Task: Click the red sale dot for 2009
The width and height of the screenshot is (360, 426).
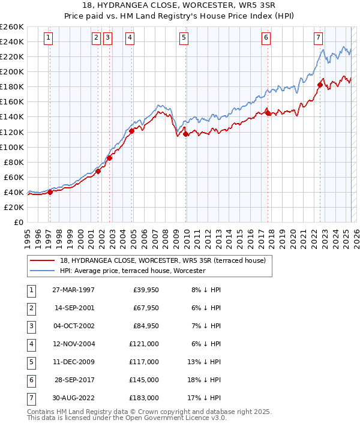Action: [x=186, y=134]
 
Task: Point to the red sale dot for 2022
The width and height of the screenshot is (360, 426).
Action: [x=320, y=85]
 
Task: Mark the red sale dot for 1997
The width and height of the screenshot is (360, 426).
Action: [x=50, y=192]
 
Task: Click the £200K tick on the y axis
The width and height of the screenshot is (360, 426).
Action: [x=12, y=71]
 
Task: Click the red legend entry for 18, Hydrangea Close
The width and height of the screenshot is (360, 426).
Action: [x=158, y=261]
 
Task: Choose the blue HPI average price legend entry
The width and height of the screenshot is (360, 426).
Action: [x=133, y=271]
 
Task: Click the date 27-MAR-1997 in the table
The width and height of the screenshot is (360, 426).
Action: [x=73, y=290]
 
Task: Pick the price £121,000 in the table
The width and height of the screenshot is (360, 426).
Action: [x=144, y=344]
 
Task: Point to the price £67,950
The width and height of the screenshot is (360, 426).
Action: [x=145, y=308]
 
